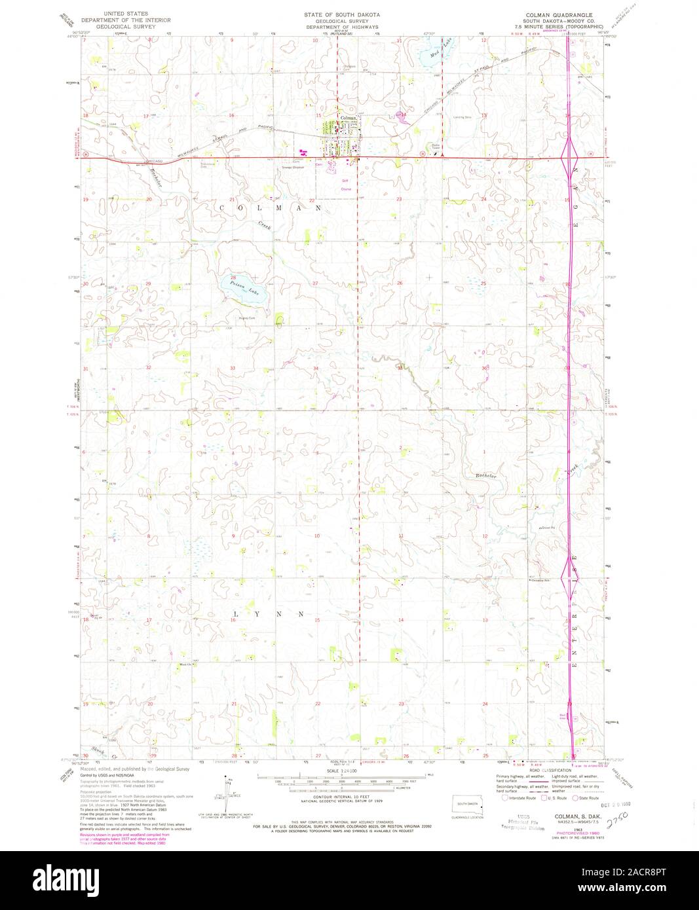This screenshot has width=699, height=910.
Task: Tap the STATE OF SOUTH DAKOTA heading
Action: pyautogui.click(x=341, y=14)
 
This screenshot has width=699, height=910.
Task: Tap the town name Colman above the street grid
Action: pyautogui.click(x=347, y=118)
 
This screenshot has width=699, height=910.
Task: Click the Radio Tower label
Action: pyautogui.click(x=418, y=147)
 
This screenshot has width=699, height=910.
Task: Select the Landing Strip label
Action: pyautogui.click(x=463, y=117)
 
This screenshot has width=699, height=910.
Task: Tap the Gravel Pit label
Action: pyautogui.click(x=546, y=527)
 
